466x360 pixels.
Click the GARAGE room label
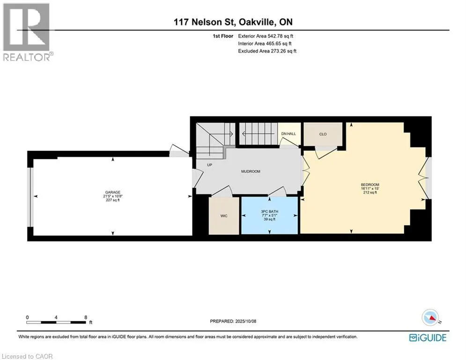pos(113,193)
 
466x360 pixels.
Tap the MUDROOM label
pos(251,172)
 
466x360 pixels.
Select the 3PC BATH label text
pos(270,211)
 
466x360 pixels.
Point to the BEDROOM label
pos(370,185)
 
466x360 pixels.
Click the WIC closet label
pos(224,216)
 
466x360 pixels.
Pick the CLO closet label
pos(323,134)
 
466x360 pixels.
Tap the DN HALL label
pos(288,134)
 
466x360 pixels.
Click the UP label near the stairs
pos(209,165)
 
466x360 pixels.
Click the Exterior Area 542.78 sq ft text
pos(266,36)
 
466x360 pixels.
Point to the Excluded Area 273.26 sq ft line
pos(267,51)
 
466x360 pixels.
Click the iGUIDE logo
pos(428,337)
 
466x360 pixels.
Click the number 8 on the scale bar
pos(86,317)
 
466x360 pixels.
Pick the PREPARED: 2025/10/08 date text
pos(233,321)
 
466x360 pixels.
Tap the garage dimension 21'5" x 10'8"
pos(113,196)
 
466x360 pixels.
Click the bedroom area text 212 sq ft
pos(370,193)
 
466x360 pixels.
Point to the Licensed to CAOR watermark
pos(27,356)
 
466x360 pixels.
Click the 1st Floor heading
pos(223,36)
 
